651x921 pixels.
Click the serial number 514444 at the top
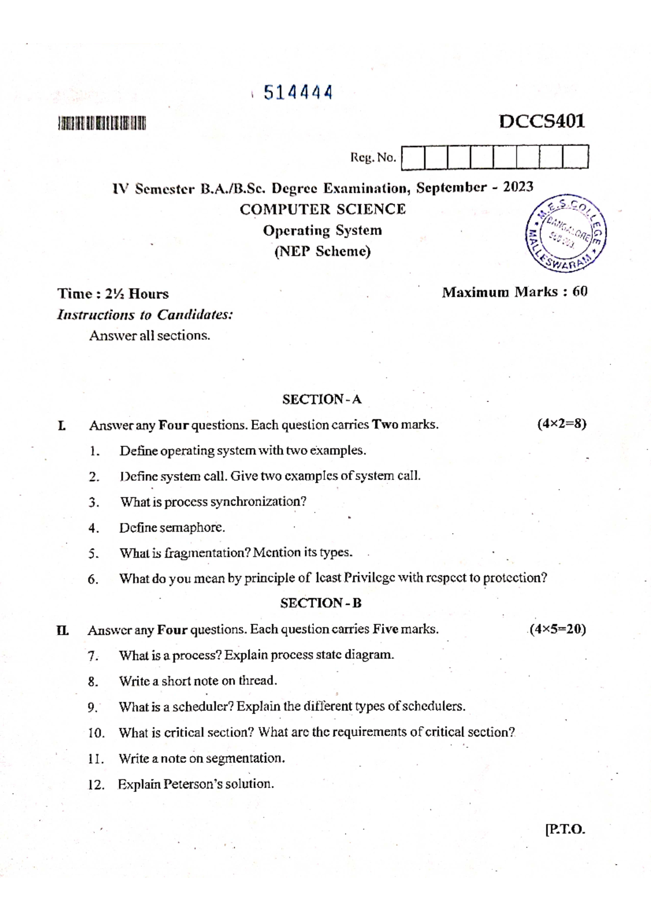[298, 93]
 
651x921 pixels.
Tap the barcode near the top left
[102, 124]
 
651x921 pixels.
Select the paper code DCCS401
[541, 121]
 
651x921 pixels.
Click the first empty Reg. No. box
[413, 158]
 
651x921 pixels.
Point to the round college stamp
[566, 234]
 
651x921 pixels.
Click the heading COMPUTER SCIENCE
[323, 209]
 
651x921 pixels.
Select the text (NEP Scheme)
[323, 252]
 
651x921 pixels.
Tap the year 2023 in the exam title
[518, 187]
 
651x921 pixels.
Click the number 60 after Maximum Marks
[579, 292]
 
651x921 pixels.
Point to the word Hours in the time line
[149, 294]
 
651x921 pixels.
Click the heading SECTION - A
[322, 400]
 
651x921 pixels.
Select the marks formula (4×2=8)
[561, 424]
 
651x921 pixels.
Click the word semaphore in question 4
[193, 527]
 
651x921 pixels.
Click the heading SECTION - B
[321, 603]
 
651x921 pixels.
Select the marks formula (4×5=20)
[558, 629]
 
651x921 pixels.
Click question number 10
[96, 733]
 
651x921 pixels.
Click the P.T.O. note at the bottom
[565, 829]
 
